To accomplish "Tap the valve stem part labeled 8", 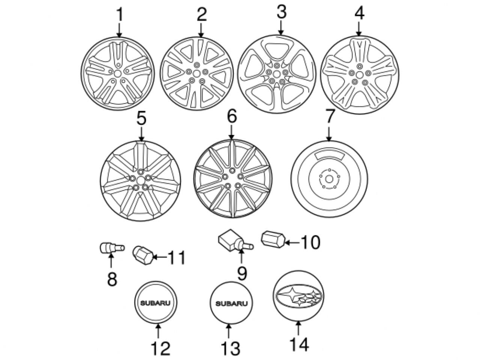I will (110, 247).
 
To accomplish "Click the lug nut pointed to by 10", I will (273, 239).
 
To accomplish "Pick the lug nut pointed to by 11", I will (143, 255).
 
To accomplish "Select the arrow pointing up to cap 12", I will (158, 332).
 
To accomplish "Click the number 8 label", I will (112, 279).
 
